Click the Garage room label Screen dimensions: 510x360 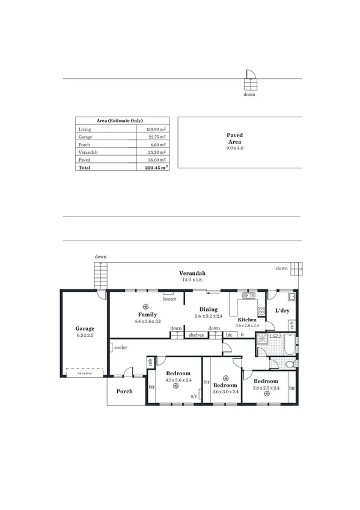pyautogui.click(x=85, y=329)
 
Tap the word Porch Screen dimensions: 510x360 pyautogui.click(x=124, y=391)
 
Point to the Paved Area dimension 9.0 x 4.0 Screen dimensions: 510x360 pyautogui.click(x=234, y=148)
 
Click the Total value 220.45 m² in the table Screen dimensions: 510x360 pyautogui.click(x=156, y=168)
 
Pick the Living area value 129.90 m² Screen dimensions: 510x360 pyautogui.click(x=156, y=129)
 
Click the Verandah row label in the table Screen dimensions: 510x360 pyautogui.click(x=88, y=153)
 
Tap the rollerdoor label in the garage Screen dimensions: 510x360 pyautogui.click(x=85, y=373)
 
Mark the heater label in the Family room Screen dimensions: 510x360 pyautogui.click(x=169, y=299)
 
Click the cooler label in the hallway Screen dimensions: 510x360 pyautogui.click(x=121, y=348)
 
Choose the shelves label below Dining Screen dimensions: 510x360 pyautogui.click(x=197, y=335)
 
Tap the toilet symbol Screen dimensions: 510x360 pyautogui.click(x=288, y=364)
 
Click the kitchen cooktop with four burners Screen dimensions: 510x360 pyautogui.click(x=261, y=310)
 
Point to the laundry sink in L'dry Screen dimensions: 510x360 pyautogui.click(x=291, y=296)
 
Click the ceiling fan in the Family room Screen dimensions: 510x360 pyautogui.click(x=145, y=306)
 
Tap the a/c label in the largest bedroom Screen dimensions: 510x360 pyautogui.click(x=194, y=396)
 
